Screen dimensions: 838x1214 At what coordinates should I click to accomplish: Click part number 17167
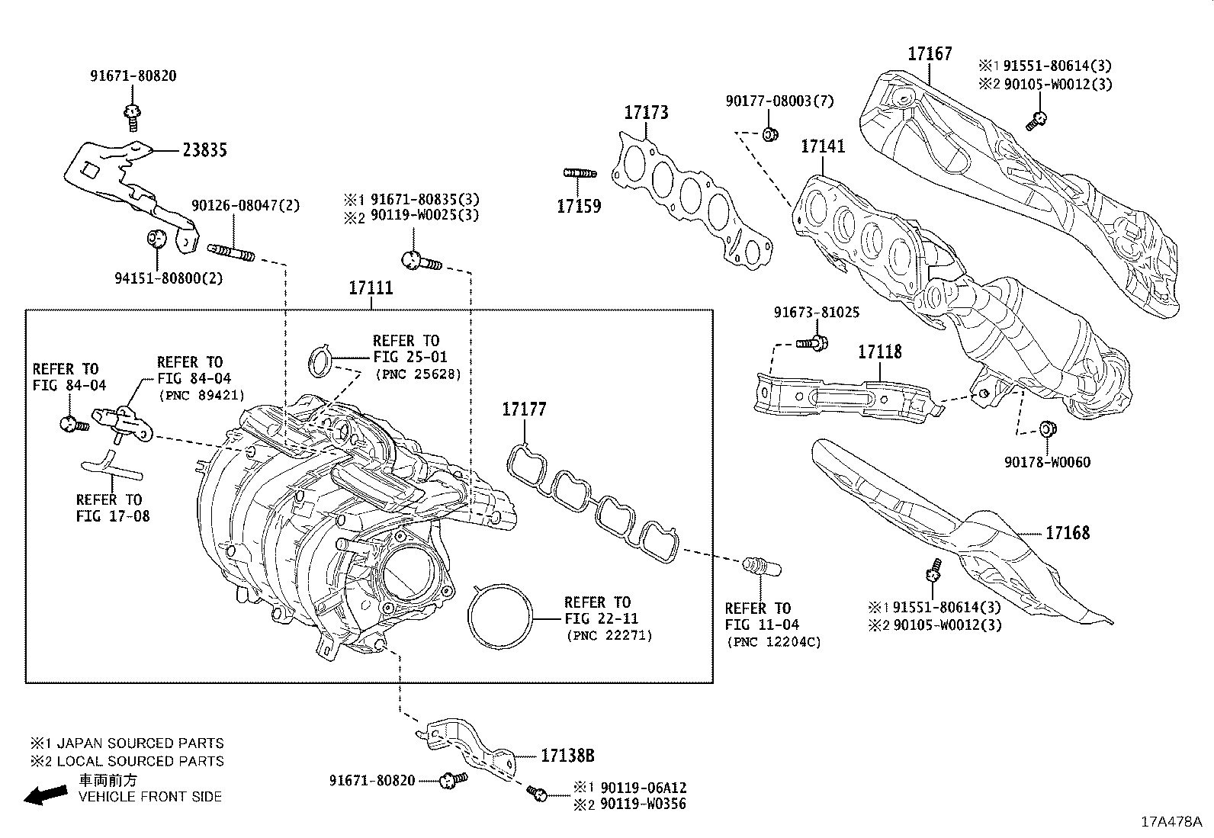click(930, 54)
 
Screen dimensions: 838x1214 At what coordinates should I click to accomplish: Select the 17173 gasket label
click(646, 113)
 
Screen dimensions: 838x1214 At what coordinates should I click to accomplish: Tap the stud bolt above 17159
click(579, 173)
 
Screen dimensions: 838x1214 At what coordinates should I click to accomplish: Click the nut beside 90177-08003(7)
click(769, 135)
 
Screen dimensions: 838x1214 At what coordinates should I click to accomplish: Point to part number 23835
click(204, 150)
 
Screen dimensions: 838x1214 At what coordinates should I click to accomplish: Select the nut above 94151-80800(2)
click(156, 237)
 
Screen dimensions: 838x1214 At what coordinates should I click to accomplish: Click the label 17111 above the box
click(371, 288)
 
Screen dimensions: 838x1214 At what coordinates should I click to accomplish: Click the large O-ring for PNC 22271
click(500, 618)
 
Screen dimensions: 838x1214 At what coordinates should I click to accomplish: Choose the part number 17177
click(524, 410)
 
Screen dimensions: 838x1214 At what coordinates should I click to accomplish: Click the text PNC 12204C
click(774, 642)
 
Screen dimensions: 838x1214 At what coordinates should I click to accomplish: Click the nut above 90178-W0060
click(1048, 429)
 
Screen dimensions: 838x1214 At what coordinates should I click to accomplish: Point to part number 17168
click(1067, 533)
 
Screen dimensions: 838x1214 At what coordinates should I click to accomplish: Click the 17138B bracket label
click(567, 756)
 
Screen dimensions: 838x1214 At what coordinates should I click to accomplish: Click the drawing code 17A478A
click(1171, 822)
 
